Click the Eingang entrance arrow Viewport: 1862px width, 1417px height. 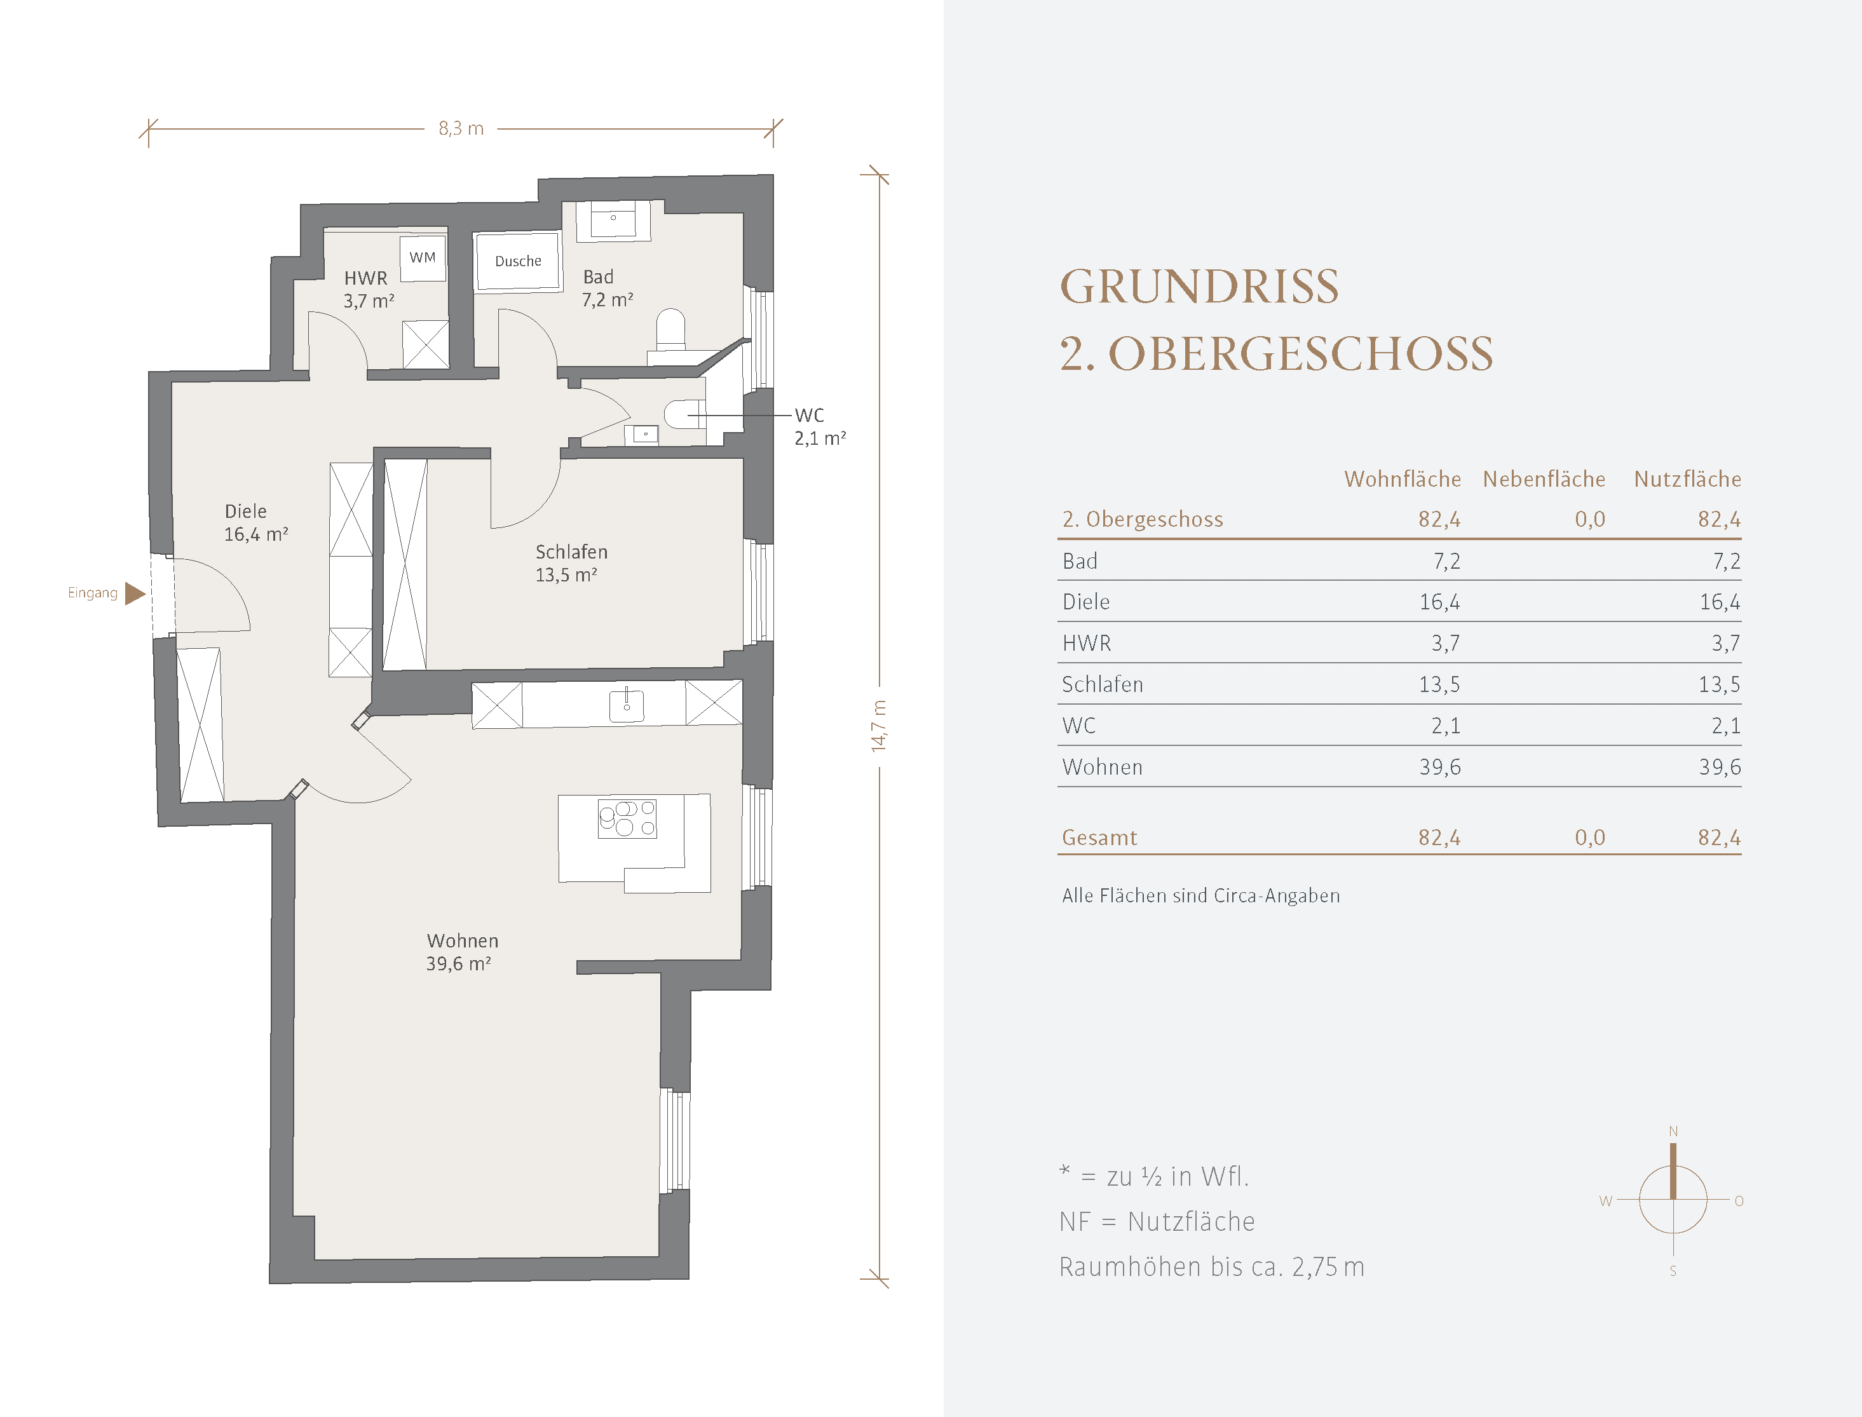tap(135, 593)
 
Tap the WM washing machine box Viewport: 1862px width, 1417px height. tap(423, 258)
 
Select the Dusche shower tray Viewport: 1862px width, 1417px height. tap(518, 261)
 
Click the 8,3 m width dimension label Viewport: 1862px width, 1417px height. tap(461, 129)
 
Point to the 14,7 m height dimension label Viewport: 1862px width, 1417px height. tap(879, 726)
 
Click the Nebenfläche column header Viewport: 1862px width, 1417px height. tap(1544, 479)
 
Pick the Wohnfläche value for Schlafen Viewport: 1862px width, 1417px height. tap(1439, 685)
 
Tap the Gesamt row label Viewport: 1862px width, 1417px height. tap(1099, 837)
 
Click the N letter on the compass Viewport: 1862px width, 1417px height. tap(1673, 1131)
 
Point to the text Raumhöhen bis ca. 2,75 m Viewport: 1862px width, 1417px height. tap(1212, 1267)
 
